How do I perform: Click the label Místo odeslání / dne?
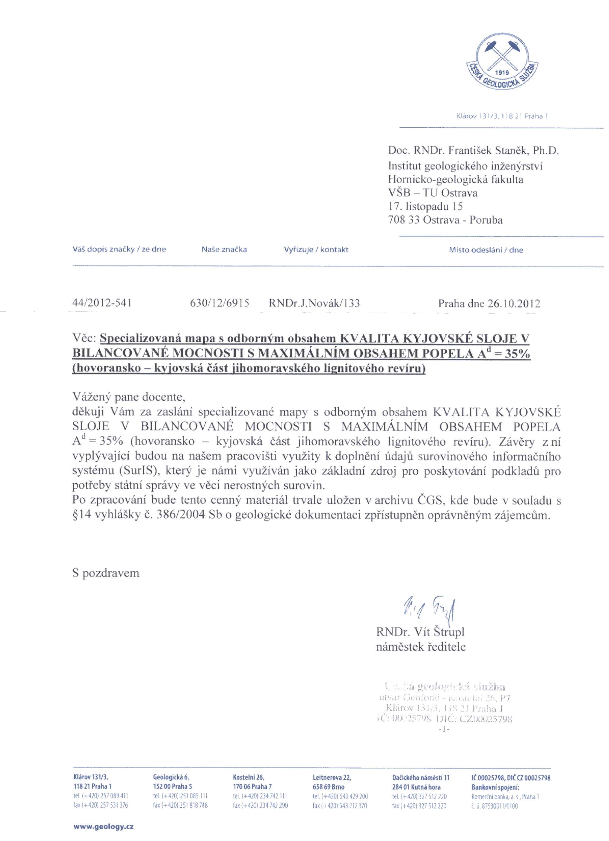point(486,250)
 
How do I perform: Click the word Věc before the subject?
point(84,338)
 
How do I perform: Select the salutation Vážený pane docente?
point(129,397)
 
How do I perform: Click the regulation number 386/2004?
point(181,515)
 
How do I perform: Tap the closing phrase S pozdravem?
point(106,573)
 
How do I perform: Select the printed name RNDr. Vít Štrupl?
point(420,632)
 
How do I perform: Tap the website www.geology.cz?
point(103,826)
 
